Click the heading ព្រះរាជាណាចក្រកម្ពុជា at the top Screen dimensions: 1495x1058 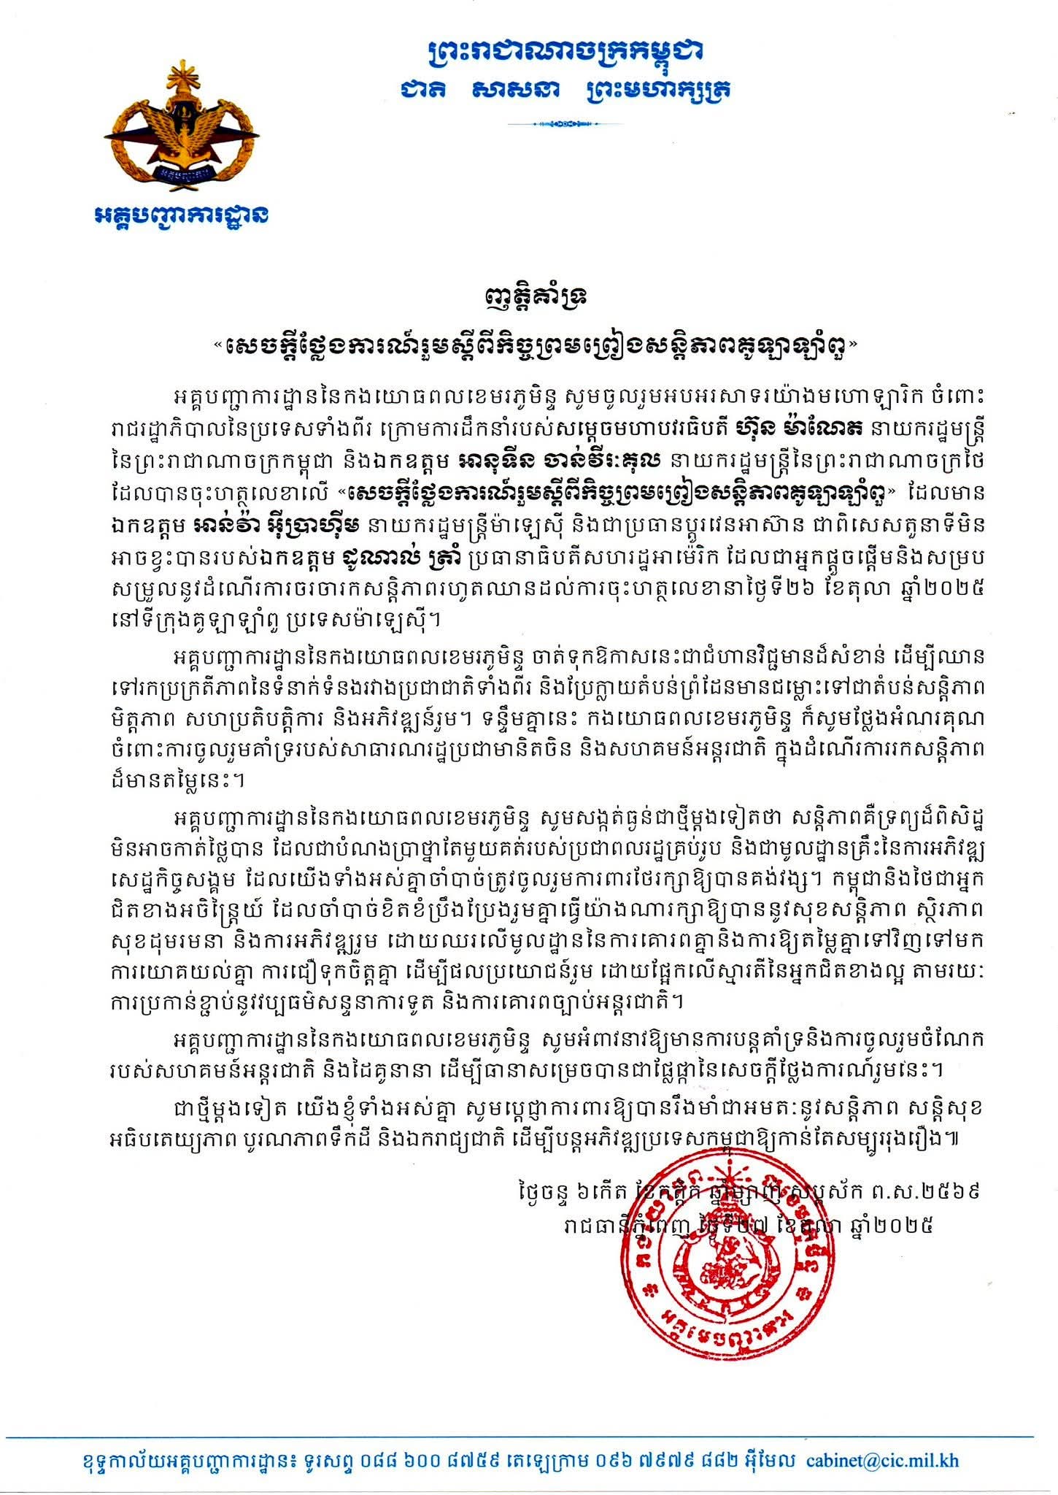coord(565,52)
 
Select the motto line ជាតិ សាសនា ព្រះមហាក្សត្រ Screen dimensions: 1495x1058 coord(565,90)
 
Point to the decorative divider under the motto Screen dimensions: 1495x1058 coord(565,124)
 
